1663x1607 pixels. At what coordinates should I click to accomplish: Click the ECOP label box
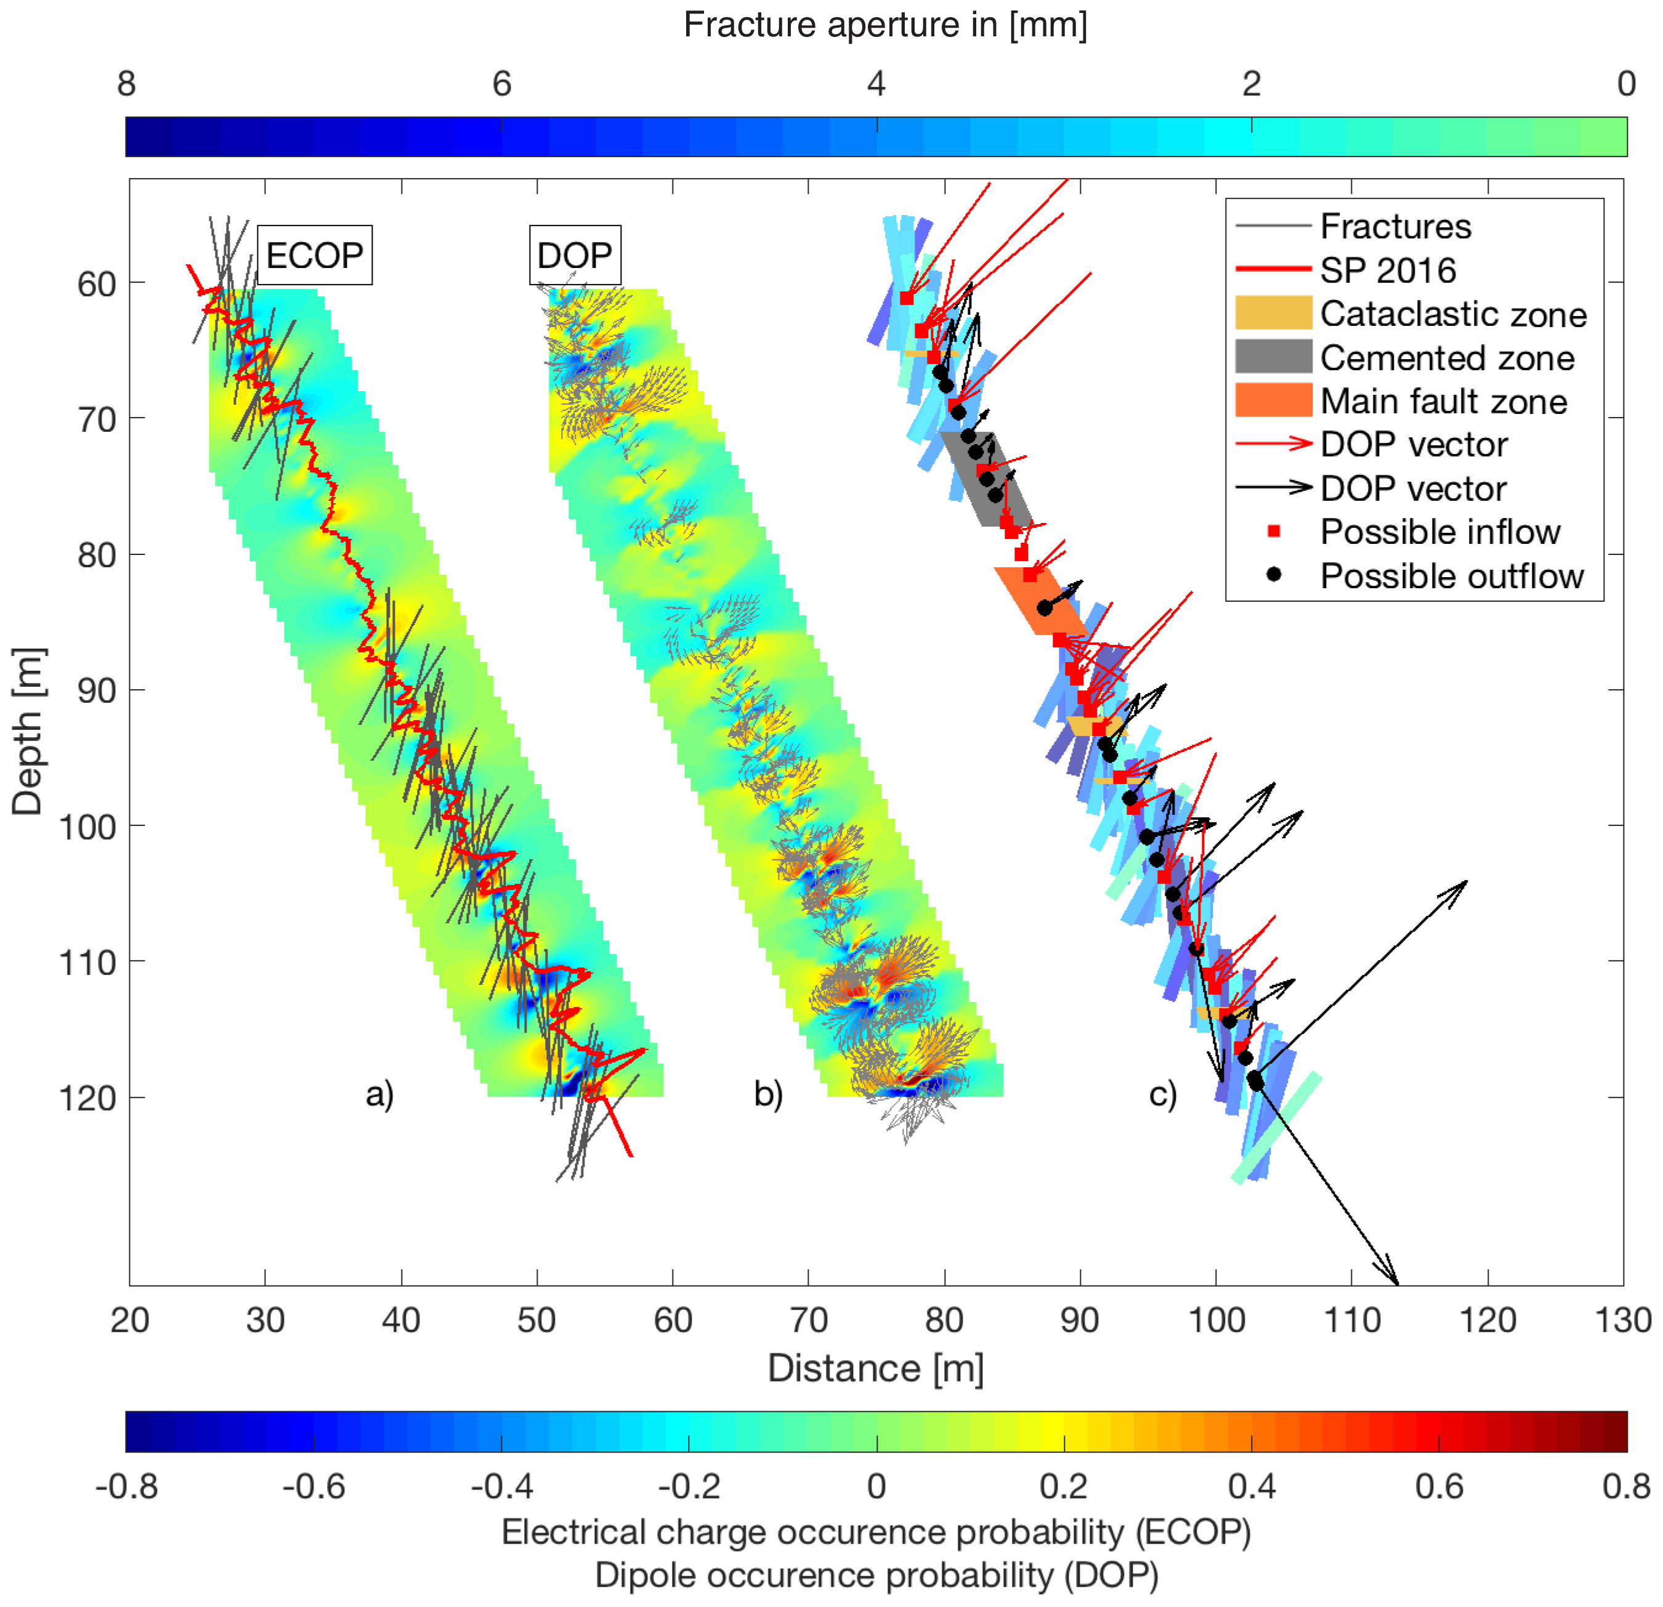click(314, 254)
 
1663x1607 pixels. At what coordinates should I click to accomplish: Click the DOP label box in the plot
click(575, 254)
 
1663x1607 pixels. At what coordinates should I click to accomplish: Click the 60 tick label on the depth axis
click(97, 284)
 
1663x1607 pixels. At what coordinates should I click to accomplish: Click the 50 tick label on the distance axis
click(536, 1319)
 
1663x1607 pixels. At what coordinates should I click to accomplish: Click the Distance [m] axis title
click(876, 1368)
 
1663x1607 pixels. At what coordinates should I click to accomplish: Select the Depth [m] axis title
click(27, 731)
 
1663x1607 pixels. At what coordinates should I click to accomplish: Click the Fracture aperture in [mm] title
click(885, 25)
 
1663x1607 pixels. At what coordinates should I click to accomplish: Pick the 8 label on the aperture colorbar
click(126, 83)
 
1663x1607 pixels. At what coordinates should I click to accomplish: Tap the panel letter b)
click(768, 1094)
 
